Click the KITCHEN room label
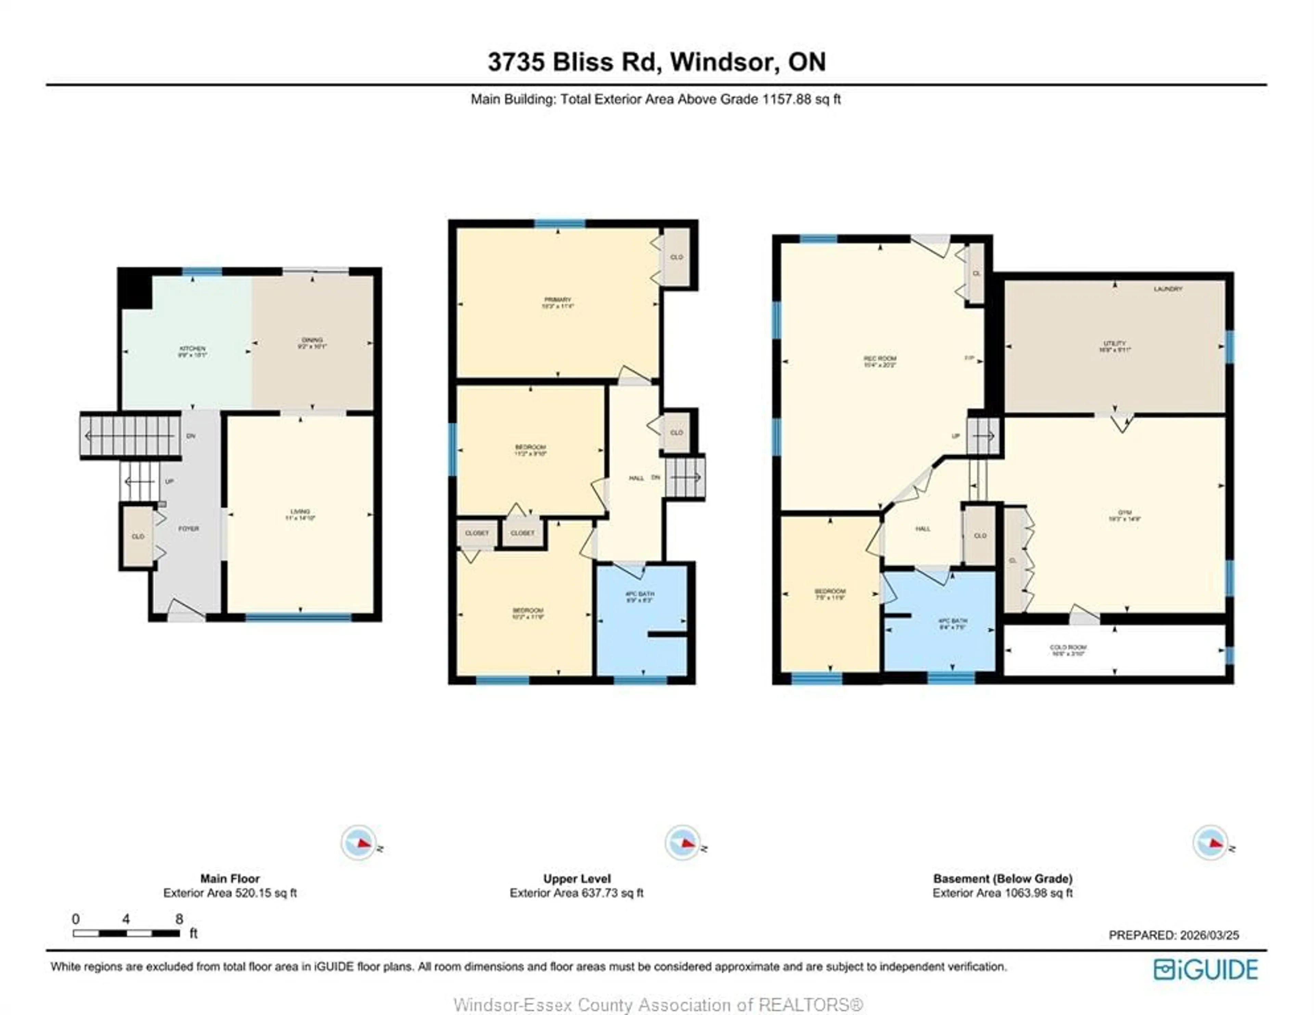click(x=192, y=348)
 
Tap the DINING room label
click(x=312, y=340)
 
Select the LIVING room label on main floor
click(x=300, y=511)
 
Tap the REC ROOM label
click(x=880, y=359)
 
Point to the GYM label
click(x=1124, y=513)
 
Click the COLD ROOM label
click(x=1068, y=647)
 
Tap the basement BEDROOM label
click(x=830, y=591)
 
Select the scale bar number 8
click(x=179, y=919)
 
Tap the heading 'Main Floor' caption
click(x=230, y=879)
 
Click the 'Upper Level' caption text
click(x=576, y=879)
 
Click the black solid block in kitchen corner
click(x=135, y=288)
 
